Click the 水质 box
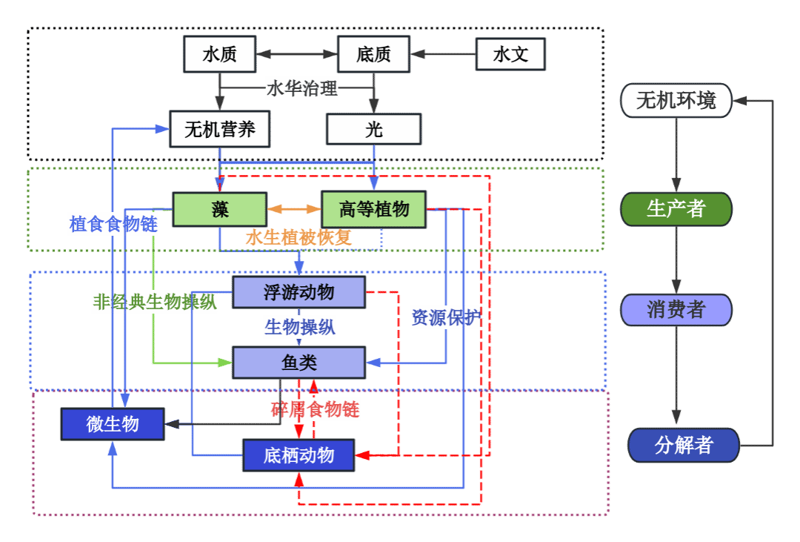pos(219,54)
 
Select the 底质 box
pos(373,54)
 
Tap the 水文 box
pos(510,54)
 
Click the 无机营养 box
pos(219,130)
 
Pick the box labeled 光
pos(374,130)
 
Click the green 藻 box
pos(219,209)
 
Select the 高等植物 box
pos(374,209)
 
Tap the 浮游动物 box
pos(299,292)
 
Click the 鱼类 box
pos(299,363)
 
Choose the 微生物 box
pos(113,424)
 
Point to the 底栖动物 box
pos(299,455)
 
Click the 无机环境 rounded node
pos(676,100)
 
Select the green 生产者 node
pos(676,209)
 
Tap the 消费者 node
pos(676,309)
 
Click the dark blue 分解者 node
pos(683,445)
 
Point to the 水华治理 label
pos(302,89)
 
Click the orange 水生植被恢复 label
pos(299,238)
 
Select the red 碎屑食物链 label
pos(315,409)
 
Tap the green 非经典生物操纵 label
pos(155,302)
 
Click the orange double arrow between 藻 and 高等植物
pos(293,209)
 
